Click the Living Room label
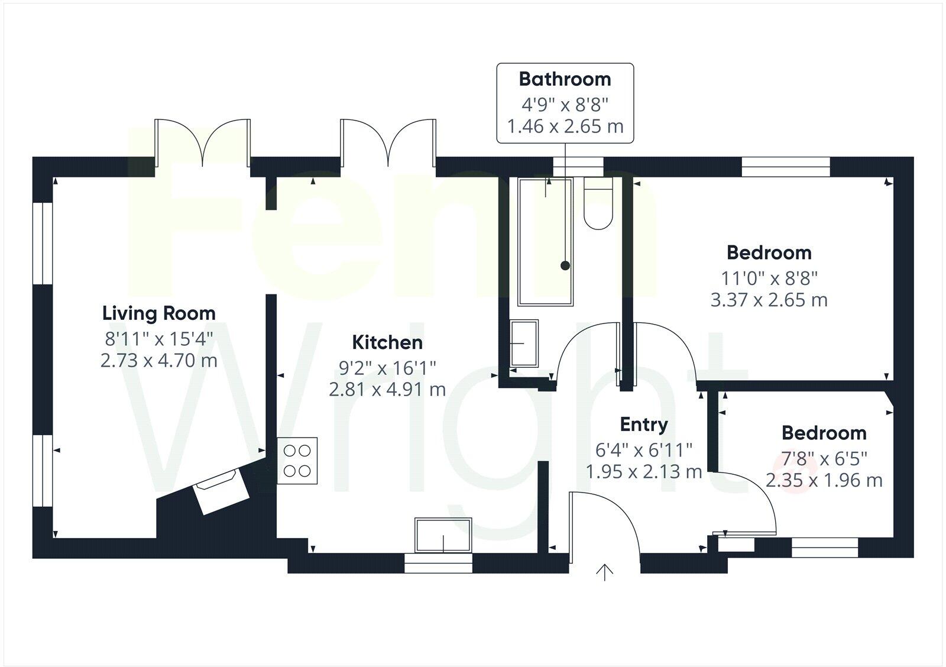click(x=159, y=313)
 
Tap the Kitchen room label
click(x=387, y=342)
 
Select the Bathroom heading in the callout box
click(x=565, y=79)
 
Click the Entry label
click(x=644, y=424)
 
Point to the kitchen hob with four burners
click(x=297, y=461)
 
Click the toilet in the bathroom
click(x=598, y=204)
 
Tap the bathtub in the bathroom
click(x=545, y=242)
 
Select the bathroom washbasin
click(x=524, y=343)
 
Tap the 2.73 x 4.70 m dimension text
click(x=159, y=360)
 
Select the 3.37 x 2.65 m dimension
click(x=769, y=300)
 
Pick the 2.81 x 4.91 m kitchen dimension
click(x=387, y=390)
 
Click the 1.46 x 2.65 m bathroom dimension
click(x=565, y=127)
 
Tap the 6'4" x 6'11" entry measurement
click(x=644, y=450)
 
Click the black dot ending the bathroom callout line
click(x=565, y=266)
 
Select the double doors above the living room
click(x=202, y=142)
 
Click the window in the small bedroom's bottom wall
click(x=824, y=548)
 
